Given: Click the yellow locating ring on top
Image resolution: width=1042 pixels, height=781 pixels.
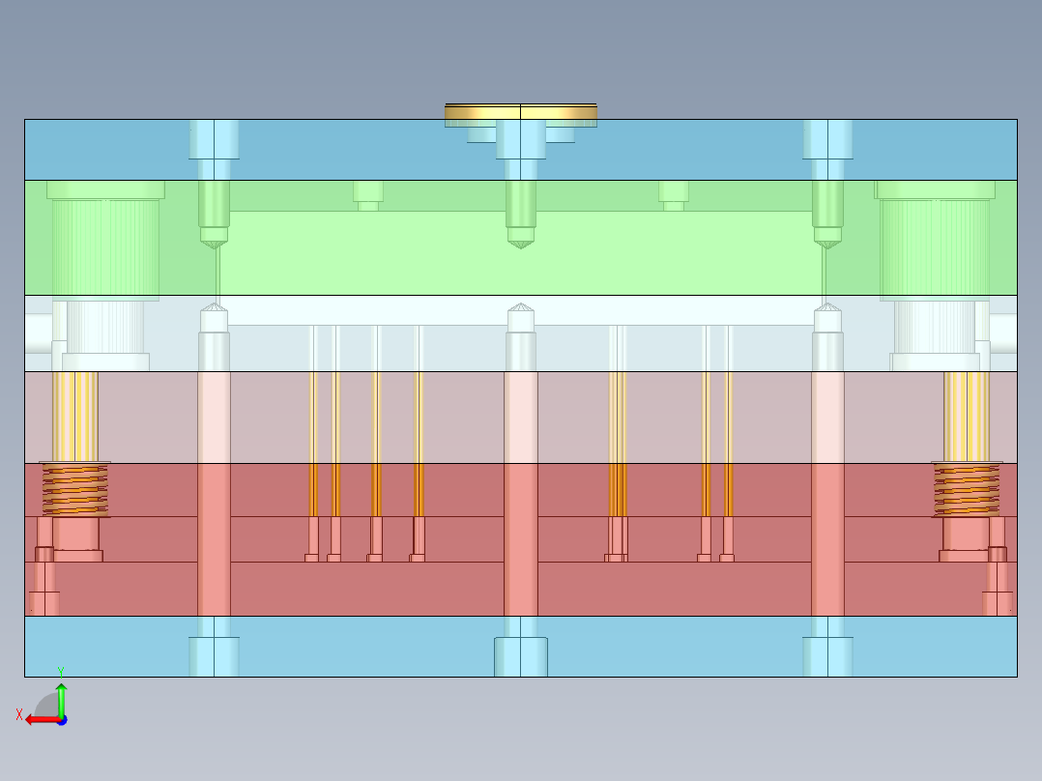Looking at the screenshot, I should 520,114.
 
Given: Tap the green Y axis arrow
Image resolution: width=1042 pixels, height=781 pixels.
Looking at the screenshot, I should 61,697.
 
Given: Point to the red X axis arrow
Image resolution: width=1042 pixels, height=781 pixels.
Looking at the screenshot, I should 39,719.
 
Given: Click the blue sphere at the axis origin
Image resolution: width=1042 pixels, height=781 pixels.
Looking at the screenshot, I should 61,720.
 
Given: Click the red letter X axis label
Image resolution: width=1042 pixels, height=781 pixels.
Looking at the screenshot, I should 19,715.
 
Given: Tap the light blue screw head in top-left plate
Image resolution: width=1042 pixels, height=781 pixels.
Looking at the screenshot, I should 214,139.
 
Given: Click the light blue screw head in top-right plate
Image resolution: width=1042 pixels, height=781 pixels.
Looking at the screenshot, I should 827,139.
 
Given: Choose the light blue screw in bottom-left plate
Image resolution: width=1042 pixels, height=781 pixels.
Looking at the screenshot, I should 214,655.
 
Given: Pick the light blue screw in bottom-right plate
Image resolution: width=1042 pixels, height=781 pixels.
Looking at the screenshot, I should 827,655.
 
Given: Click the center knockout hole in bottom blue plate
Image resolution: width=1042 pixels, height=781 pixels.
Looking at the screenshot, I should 521,656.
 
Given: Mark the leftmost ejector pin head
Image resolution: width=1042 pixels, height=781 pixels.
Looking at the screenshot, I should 312,557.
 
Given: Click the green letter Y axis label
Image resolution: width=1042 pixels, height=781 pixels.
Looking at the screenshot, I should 60,671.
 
